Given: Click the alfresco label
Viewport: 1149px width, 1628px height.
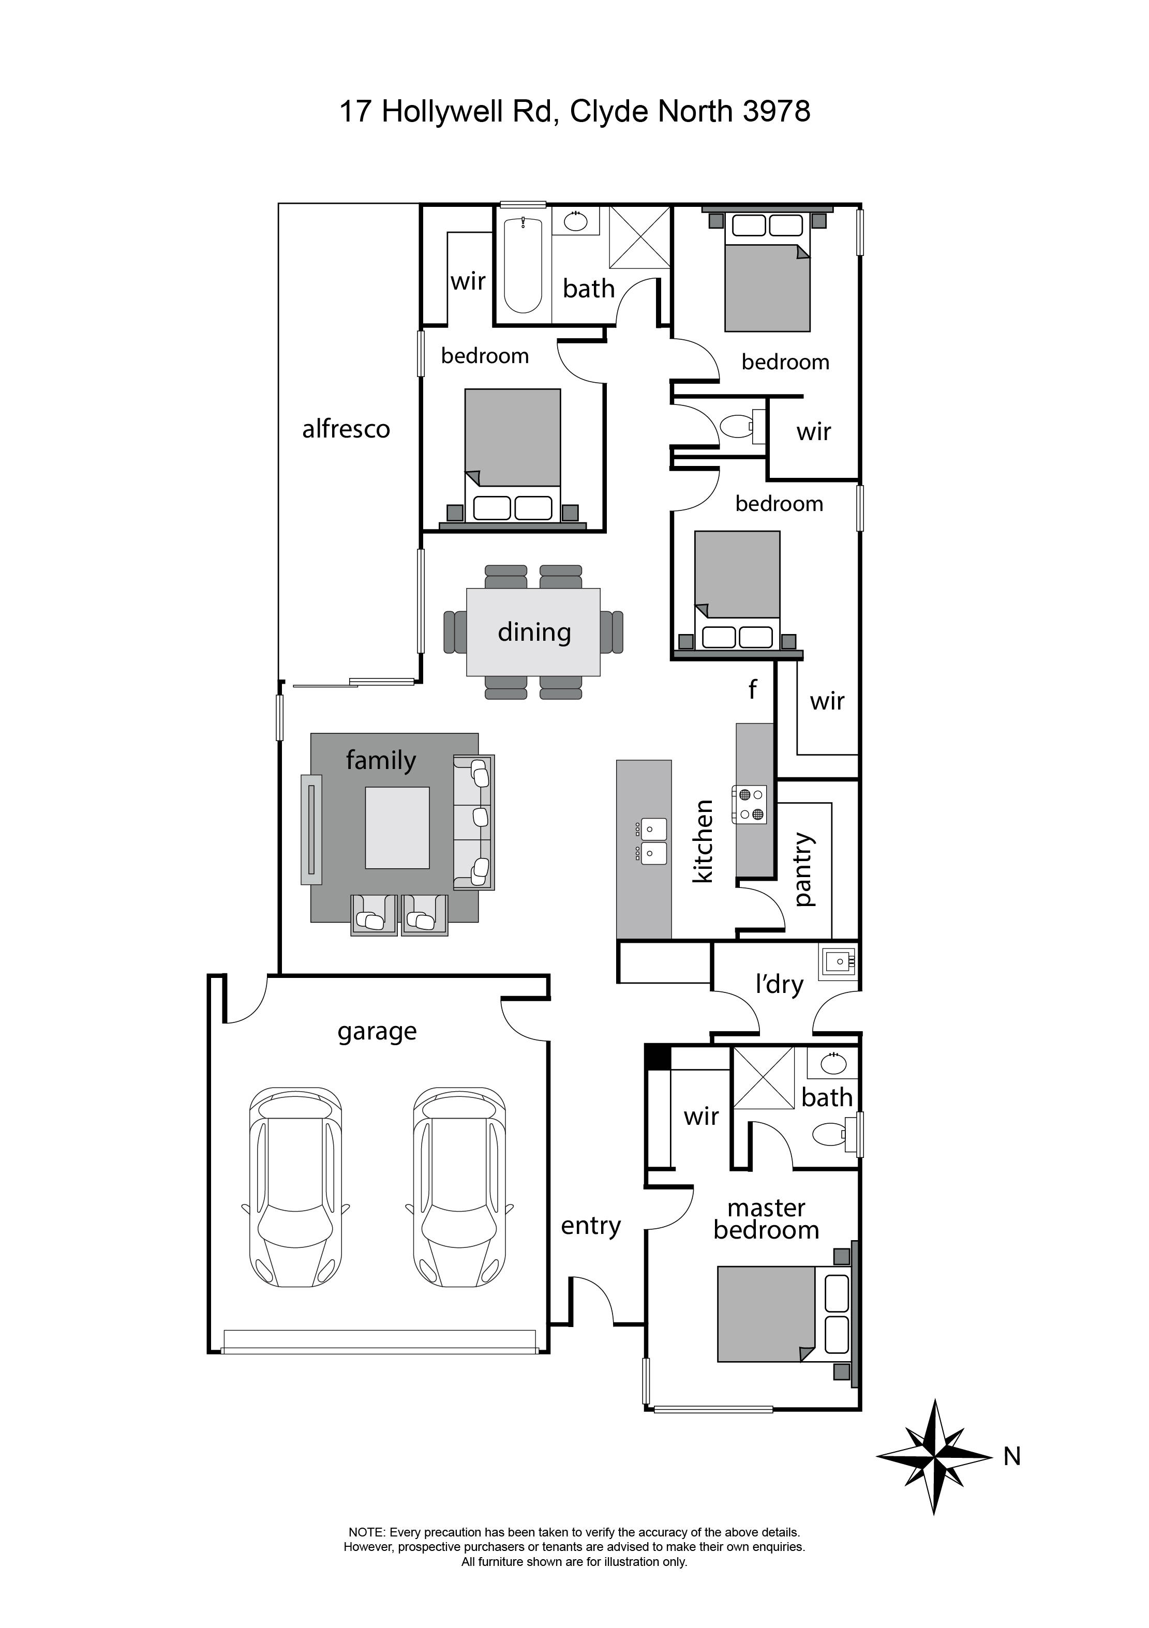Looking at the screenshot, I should [x=346, y=429].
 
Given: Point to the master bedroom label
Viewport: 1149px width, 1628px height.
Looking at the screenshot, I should [x=766, y=1219].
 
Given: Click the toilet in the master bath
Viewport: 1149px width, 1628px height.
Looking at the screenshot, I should [x=828, y=1134].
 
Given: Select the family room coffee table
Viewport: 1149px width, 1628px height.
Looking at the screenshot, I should [x=397, y=827].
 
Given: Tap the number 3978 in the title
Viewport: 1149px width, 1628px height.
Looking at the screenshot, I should [x=776, y=111].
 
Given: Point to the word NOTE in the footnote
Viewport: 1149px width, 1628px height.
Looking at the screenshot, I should [x=365, y=1532].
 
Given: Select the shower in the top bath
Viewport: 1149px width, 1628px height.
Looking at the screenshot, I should [x=640, y=237].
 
